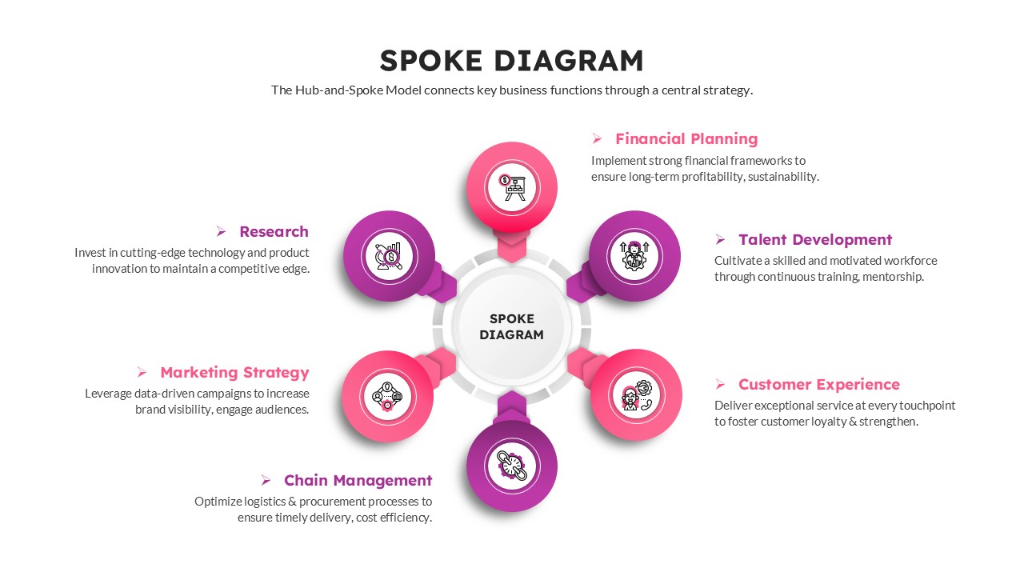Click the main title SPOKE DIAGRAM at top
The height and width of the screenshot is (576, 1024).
point(511,61)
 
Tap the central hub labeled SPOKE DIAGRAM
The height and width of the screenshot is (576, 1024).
point(511,326)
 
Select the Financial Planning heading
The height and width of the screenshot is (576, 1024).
point(686,138)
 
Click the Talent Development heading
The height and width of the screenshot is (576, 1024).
point(814,239)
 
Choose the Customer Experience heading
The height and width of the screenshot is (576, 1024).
point(818,384)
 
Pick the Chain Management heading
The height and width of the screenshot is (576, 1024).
point(358,480)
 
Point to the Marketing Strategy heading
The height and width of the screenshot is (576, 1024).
point(234,372)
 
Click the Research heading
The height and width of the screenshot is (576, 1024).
point(274,231)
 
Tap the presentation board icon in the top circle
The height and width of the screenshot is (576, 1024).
point(512,187)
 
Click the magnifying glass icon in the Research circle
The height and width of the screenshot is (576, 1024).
point(389,257)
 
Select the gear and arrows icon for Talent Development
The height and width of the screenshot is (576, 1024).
point(634,256)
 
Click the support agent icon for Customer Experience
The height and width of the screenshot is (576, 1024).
point(636,395)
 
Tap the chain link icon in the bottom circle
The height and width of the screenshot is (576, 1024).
point(511,466)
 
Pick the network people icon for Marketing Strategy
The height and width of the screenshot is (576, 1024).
point(387,395)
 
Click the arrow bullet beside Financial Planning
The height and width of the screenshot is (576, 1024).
point(597,139)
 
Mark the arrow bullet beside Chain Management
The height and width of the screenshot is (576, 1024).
point(266,480)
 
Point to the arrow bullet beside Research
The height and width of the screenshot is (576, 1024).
point(222,231)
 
